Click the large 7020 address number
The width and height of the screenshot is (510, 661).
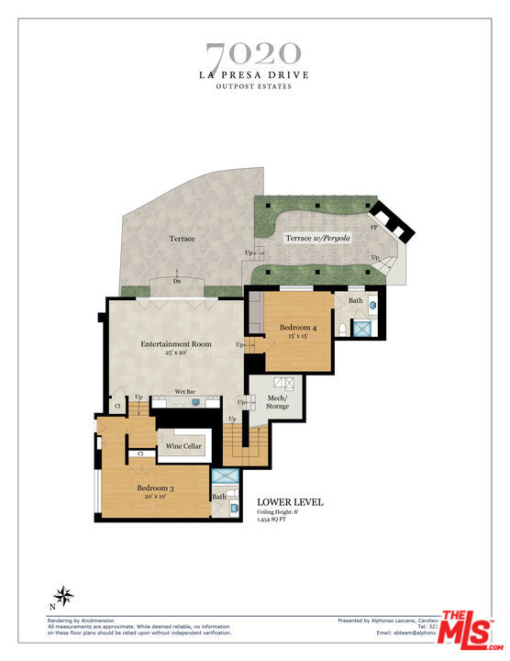click(x=252, y=52)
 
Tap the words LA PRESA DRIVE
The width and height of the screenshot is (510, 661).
click(x=252, y=74)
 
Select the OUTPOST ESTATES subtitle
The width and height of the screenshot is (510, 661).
click(x=252, y=87)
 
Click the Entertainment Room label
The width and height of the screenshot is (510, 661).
click(x=176, y=344)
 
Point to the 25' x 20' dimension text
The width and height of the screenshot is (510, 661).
click(x=176, y=353)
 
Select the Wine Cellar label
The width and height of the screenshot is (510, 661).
click(x=183, y=447)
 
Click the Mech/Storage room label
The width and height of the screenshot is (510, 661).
click(x=277, y=402)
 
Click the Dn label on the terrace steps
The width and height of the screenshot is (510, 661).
click(x=176, y=281)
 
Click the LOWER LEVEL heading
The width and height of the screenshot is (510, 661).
click(x=290, y=502)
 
